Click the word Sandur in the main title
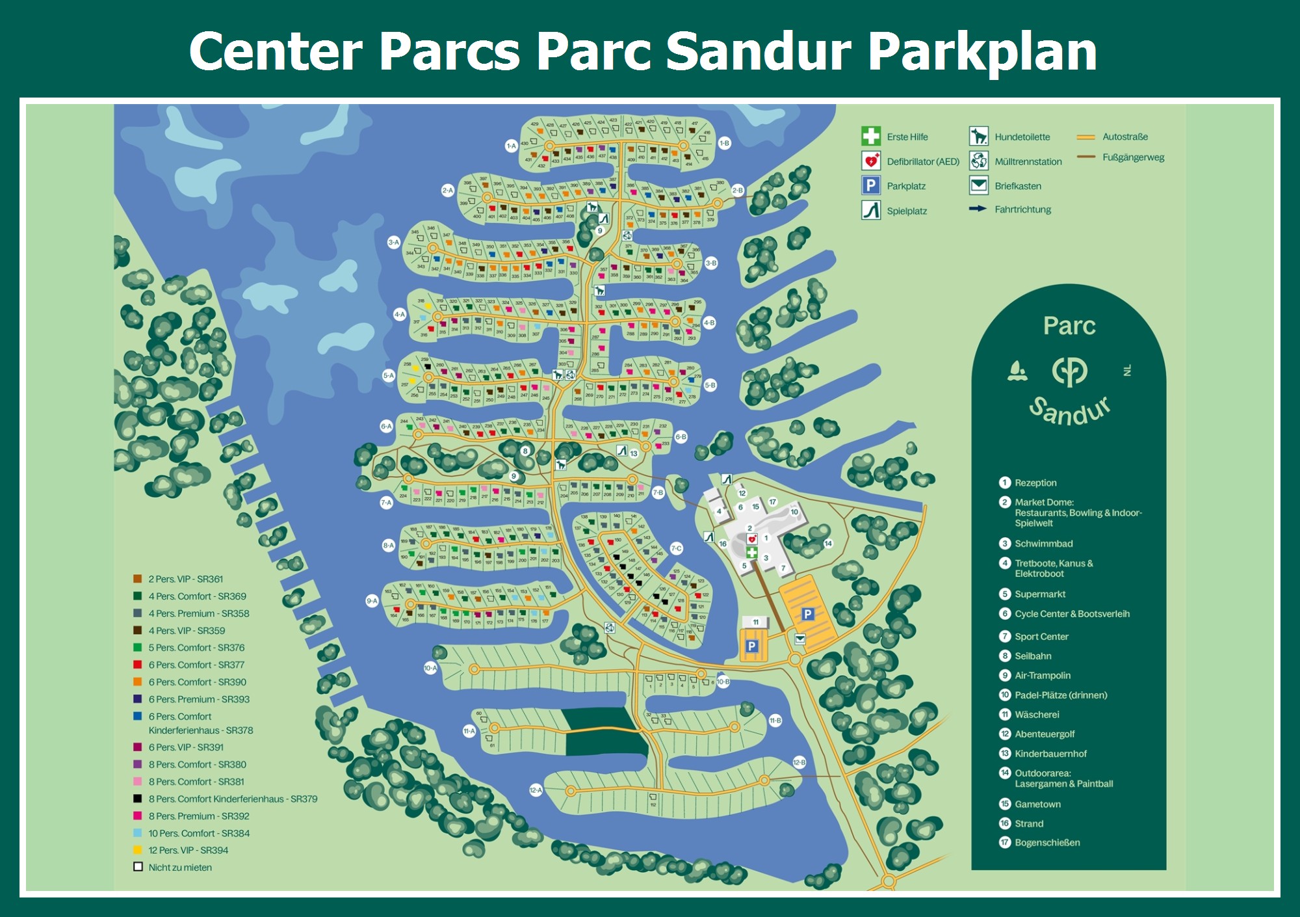(759, 52)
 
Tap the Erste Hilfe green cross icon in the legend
(871, 136)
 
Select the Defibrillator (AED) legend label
(922, 161)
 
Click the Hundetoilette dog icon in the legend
(978, 136)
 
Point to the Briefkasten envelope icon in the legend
(978, 185)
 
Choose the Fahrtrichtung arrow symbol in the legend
(978, 209)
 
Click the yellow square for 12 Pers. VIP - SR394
(138, 849)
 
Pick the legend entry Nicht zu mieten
(180, 867)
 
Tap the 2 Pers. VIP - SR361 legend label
(185, 579)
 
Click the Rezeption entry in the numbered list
(1035, 483)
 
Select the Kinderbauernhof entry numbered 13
(1050, 753)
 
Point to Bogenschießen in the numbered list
(1047, 842)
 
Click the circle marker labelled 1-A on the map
(511, 146)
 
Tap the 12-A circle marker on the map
(535, 790)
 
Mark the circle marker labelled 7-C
(676, 548)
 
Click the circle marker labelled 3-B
(711, 263)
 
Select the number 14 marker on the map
(828, 543)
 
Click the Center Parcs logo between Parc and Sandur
(1069, 371)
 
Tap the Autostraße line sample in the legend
(1085, 137)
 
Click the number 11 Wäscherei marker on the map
(755, 622)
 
